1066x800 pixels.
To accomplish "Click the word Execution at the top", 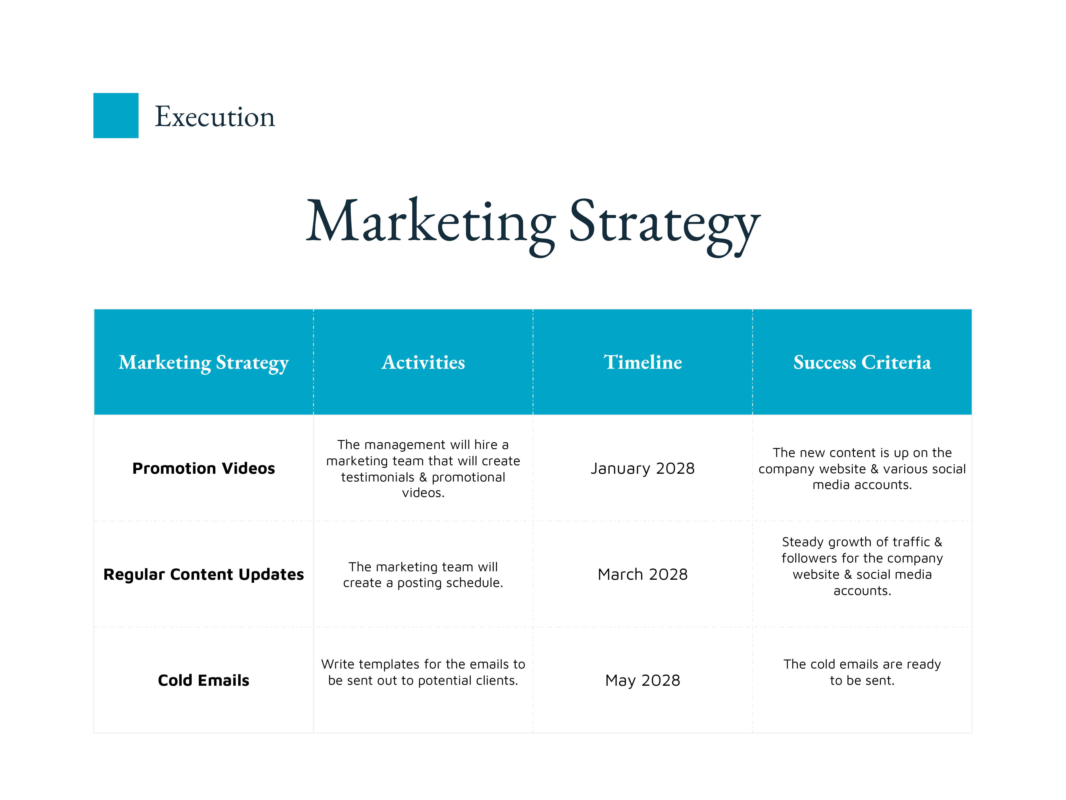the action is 215,117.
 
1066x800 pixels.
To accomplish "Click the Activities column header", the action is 423,362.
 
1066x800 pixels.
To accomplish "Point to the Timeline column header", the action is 643,362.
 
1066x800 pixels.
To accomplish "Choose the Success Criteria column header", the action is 862,362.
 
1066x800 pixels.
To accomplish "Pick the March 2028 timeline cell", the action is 643,574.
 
